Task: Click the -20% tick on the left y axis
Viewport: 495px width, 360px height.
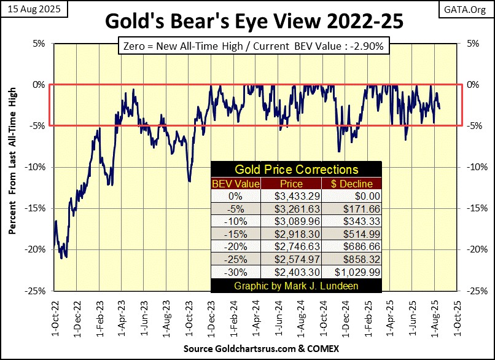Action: pos(36,249)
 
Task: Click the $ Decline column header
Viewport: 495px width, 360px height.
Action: pos(351,183)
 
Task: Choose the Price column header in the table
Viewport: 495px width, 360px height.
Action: pos(291,183)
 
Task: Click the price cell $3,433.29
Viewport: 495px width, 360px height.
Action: pos(291,196)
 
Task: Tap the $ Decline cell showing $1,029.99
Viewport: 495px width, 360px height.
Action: pos(351,273)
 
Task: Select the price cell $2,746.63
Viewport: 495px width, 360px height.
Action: pos(291,248)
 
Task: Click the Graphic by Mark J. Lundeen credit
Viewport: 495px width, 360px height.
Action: pos(296,286)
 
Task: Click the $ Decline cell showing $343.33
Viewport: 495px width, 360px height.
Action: pos(351,222)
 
